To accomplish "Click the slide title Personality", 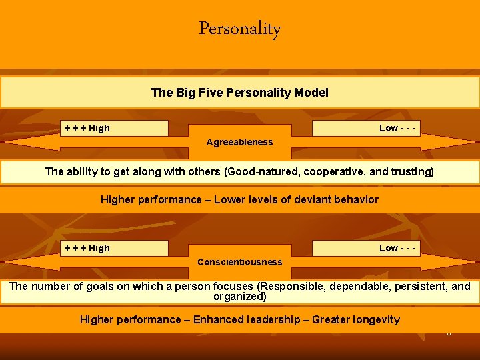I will pyautogui.click(x=240, y=29).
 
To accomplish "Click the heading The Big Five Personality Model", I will pyautogui.click(x=240, y=93).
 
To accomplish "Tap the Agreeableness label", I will pyautogui.click(x=240, y=142).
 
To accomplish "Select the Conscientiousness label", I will pyautogui.click(x=240, y=262).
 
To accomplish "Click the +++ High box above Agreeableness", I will pyautogui.click(x=115, y=128).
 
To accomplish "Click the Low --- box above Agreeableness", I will pyautogui.click(x=367, y=128).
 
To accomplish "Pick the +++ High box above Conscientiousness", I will pyautogui.click(x=115, y=248).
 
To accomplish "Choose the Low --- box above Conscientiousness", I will pyautogui.click(x=367, y=248).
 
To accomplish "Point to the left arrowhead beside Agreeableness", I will pyautogui.click(x=20, y=142).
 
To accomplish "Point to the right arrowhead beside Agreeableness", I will pyautogui.click(x=460, y=142).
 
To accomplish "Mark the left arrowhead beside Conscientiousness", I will pyautogui.click(x=20, y=262).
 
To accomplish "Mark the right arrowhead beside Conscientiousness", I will pyautogui.click(x=460, y=262).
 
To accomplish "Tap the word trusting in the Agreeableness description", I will pyautogui.click(x=412, y=171).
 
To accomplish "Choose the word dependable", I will pyautogui.click(x=355, y=287).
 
